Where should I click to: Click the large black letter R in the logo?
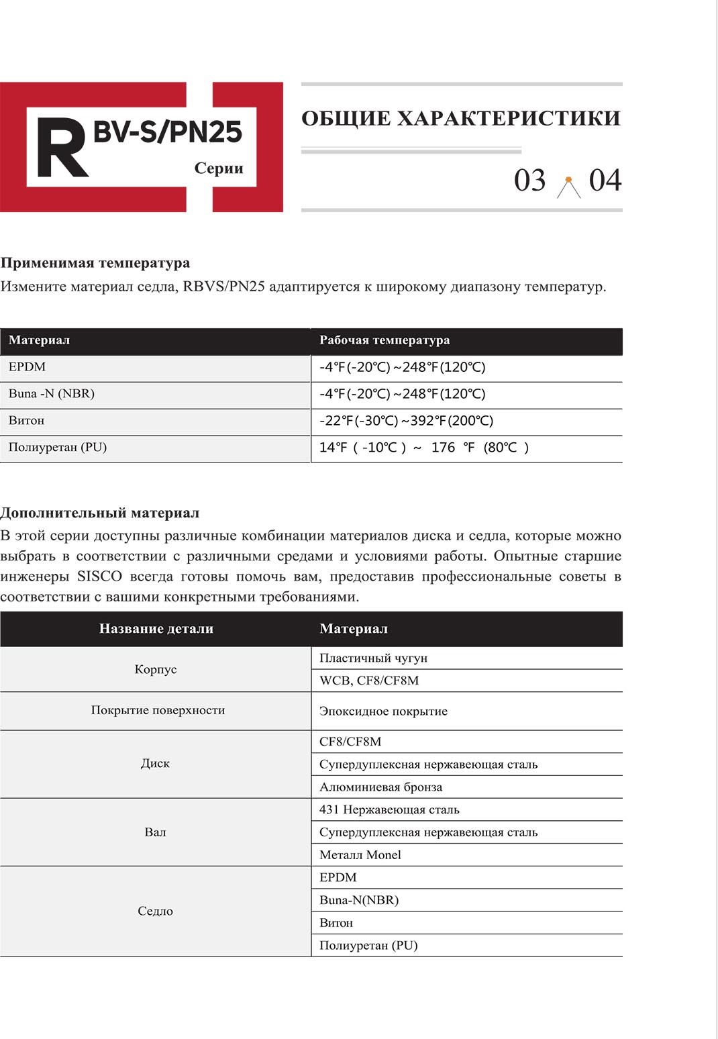coord(62,148)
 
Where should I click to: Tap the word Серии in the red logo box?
coord(219,168)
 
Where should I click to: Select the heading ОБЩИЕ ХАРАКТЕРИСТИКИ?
coord(461,118)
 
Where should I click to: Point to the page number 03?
coord(529,181)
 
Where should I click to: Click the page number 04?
coord(605,181)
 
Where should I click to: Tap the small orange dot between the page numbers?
coord(568,179)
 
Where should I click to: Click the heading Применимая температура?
coord(95,262)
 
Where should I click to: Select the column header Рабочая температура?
coord(384,340)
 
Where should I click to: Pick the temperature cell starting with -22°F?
coord(406,421)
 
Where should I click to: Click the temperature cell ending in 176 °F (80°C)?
coord(424,448)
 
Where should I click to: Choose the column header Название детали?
coord(156,629)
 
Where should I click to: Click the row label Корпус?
coord(156,669)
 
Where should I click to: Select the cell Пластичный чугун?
coord(373,658)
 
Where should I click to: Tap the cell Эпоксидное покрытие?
coord(383,711)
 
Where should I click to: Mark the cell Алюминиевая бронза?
coord(380,787)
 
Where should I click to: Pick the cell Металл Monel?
coord(360,855)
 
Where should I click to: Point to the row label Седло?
coord(156,911)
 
